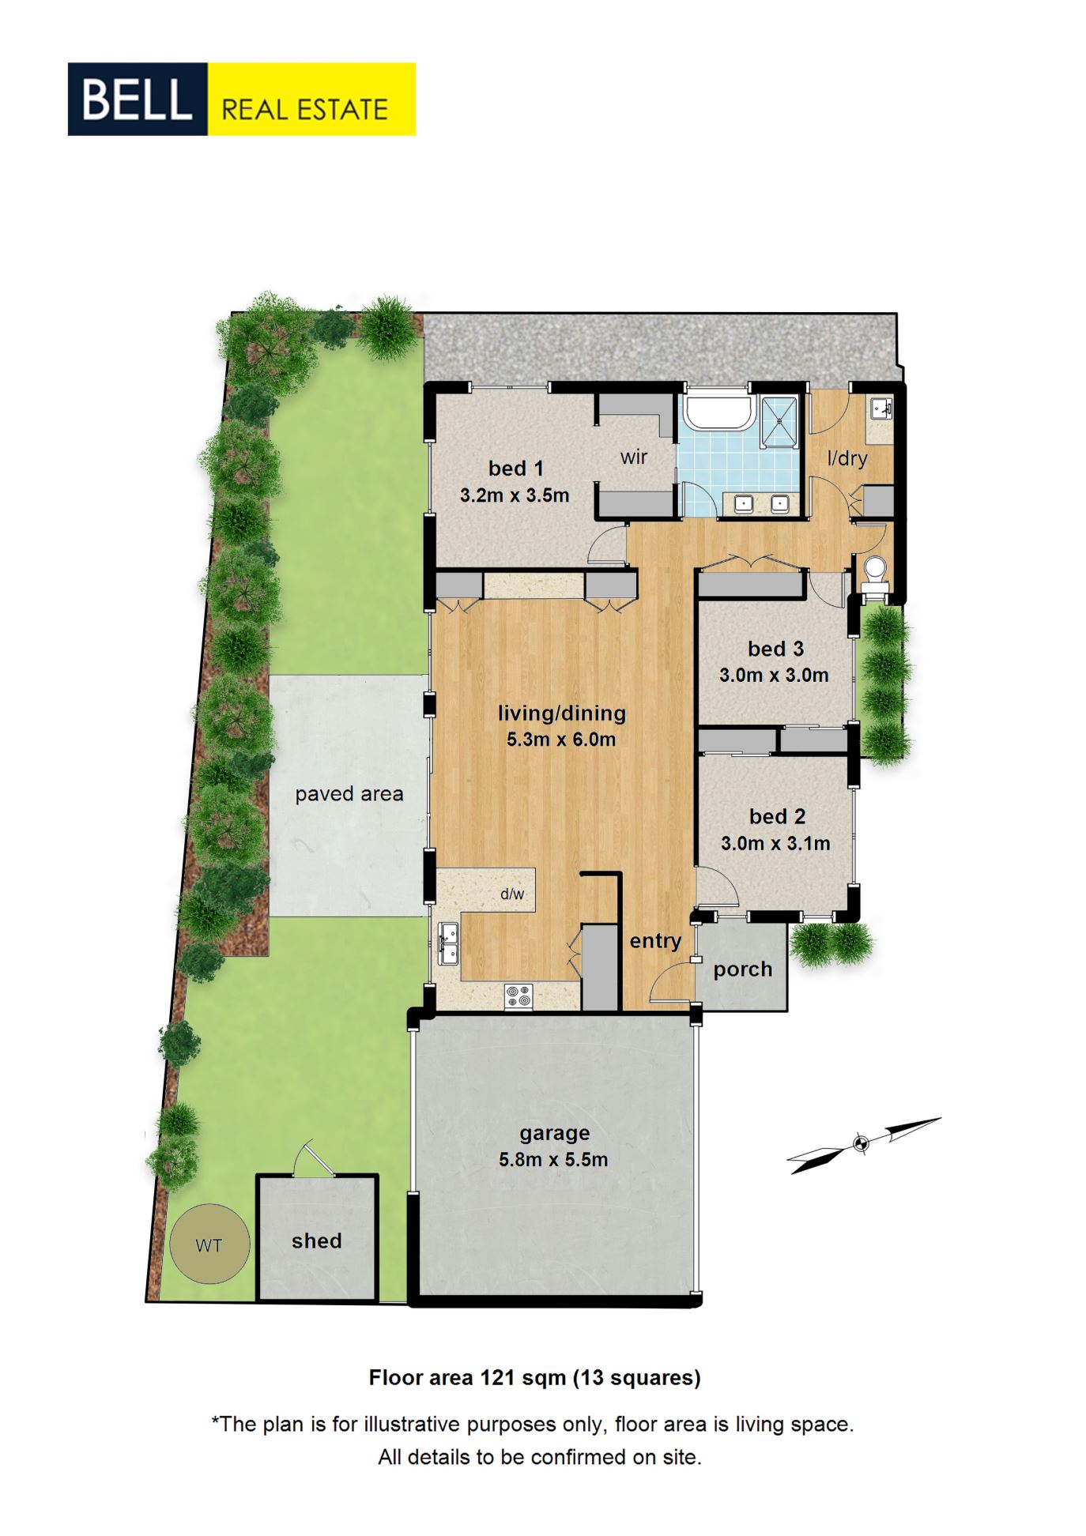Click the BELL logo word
pyautogui.click(x=137, y=99)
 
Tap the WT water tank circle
pyautogui.click(x=209, y=1243)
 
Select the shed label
pyautogui.click(x=316, y=1240)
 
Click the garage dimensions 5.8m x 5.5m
pyautogui.click(x=553, y=1159)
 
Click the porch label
pyautogui.click(x=742, y=969)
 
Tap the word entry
pyautogui.click(x=655, y=941)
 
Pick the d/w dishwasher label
pyautogui.click(x=512, y=894)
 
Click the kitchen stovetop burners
pyautogui.click(x=518, y=996)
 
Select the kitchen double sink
pyautogui.click(x=448, y=943)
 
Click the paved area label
pyautogui.click(x=349, y=794)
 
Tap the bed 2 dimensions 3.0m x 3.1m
pyautogui.click(x=775, y=843)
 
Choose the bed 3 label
pyautogui.click(x=775, y=649)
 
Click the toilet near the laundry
pyautogui.click(x=874, y=573)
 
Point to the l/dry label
pyautogui.click(x=847, y=458)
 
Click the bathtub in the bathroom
pyautogui.click(x=718, y=412)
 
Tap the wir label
pyautogui.click(x=634, y=457)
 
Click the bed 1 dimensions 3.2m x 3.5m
pyautogui.click(x=515, y=495)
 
